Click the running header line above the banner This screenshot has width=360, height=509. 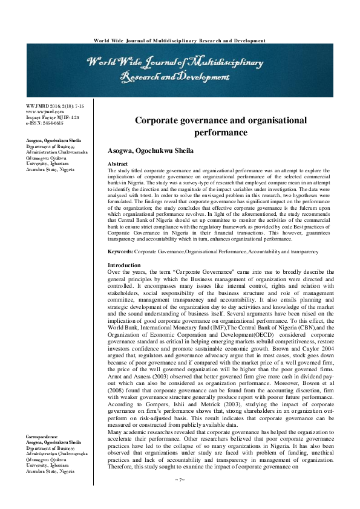[x=180, y=41]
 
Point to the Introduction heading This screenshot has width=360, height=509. [x=125, y=265]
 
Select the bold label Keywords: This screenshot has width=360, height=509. [x=119, y=251]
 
